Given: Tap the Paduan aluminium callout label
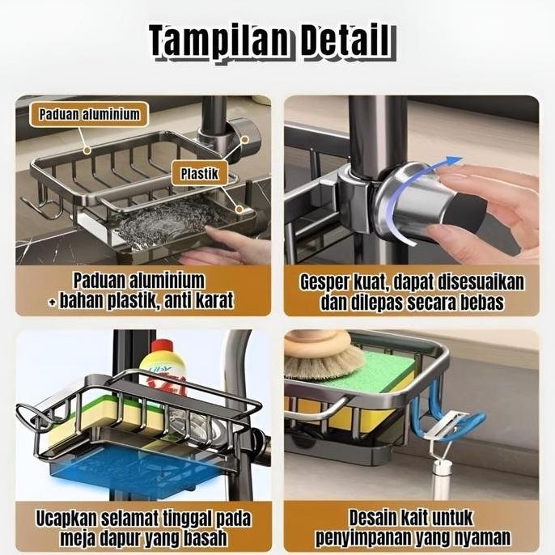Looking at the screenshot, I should click(x=89, y=114).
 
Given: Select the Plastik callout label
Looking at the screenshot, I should click(x=199, y=172).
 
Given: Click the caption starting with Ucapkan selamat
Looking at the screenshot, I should click(x=143, y=527).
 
